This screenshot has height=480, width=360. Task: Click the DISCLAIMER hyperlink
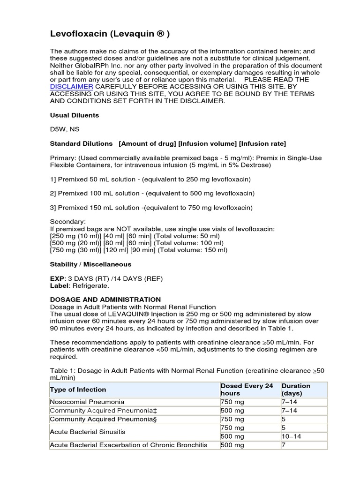click(71, 87)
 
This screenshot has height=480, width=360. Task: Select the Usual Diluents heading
click(74, 115)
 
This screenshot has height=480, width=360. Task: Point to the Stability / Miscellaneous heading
click(90, 264)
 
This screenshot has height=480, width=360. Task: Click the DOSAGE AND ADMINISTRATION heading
click(105, 299)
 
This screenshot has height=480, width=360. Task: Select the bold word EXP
click(56, 278)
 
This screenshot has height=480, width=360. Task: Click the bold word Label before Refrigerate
click(59, 285)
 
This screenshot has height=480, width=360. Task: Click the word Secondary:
click(68, 222)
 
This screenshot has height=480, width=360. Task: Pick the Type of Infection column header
click(78, 390)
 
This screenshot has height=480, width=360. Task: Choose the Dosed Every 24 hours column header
click(247, 390)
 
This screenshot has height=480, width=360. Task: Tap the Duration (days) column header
click(296, 390)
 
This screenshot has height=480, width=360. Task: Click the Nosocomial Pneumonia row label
click(87, 402)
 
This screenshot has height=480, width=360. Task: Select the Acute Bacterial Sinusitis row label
click(88, 432)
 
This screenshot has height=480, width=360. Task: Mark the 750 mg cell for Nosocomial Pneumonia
click(232, 402)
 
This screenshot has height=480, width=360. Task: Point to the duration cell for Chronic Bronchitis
click(284, 445)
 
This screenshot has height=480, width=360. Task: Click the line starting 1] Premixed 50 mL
click(150, 180)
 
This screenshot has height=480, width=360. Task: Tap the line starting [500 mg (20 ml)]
click(137, 243)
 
